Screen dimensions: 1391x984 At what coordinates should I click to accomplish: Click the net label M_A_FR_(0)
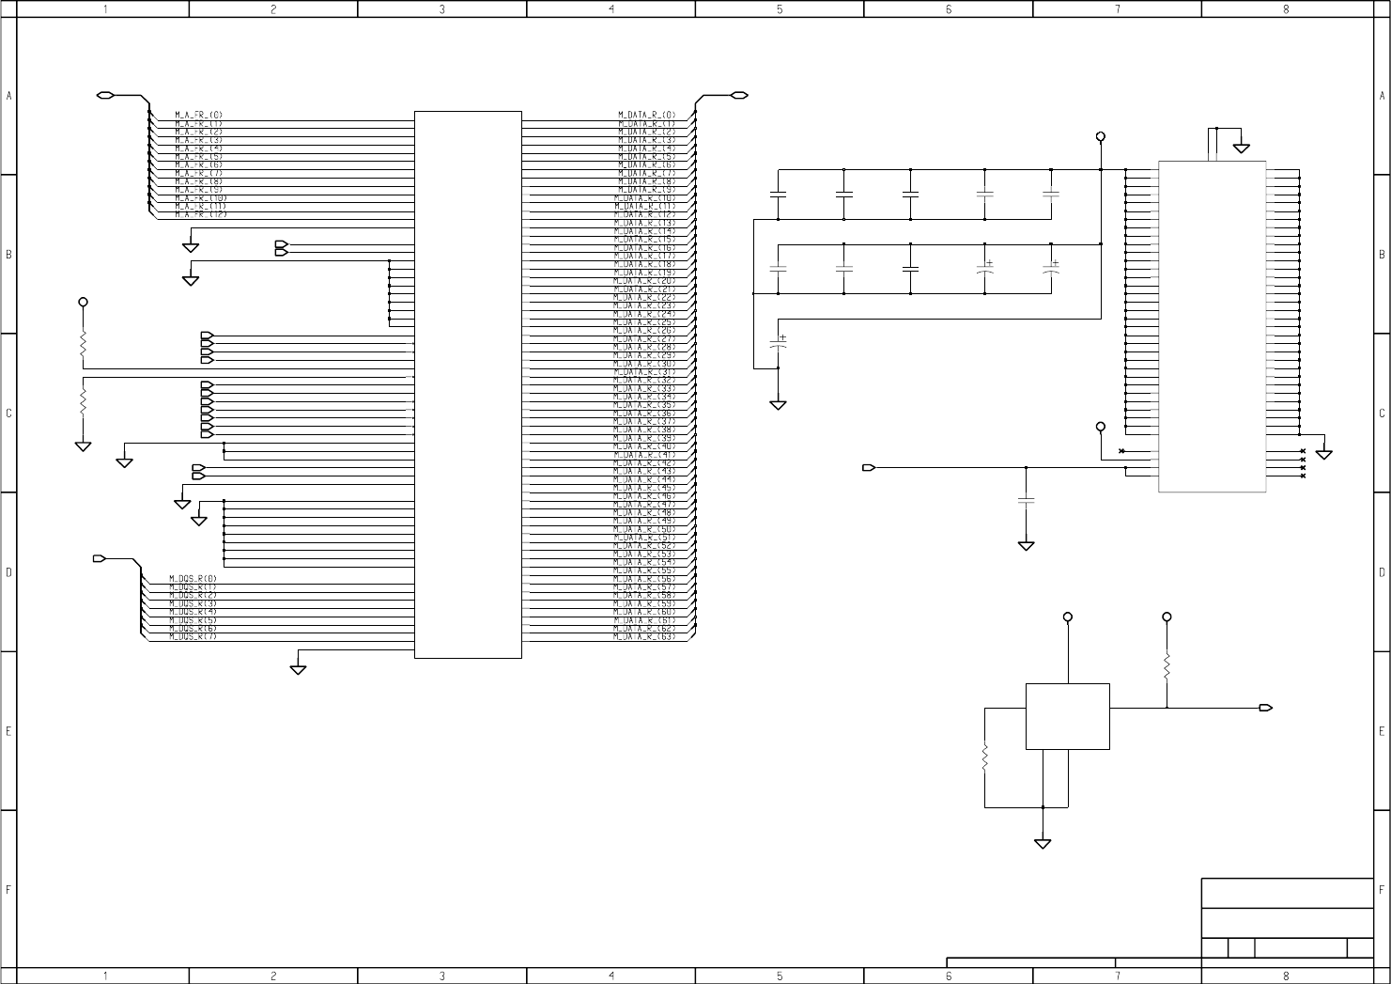click(x=198, y=115)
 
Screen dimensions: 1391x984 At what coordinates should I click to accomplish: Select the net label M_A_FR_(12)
click(x=200, y=214)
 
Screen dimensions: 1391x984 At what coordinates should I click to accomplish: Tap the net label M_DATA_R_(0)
click(x=646, y=115)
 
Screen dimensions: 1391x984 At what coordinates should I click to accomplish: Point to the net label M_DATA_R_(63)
click(x=644, y=637)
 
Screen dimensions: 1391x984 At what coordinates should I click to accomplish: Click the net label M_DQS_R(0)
click(x=193, y=579)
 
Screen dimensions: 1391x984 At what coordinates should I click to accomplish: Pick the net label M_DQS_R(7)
click(x=193, y=637)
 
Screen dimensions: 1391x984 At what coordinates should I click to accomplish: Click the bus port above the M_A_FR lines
click(x=105, y=96)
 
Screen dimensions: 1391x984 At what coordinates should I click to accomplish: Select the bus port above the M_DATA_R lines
click(x=739, y=96)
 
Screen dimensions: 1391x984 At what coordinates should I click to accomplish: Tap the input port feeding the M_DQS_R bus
click(x=99, y=559)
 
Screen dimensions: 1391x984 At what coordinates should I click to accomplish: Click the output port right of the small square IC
click(x=1266, y=708)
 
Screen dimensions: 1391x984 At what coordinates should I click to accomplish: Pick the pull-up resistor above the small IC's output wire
click(x=1167, y=666)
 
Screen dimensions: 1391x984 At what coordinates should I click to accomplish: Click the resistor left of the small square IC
click(x=985, y=758)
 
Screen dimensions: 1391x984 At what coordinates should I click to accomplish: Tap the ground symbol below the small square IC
click(x=1043, y=843)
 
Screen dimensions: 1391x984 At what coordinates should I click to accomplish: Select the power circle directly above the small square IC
click(x=1067, y=617)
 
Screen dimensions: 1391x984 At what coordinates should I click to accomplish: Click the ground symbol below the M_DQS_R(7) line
click(x=298, y=669)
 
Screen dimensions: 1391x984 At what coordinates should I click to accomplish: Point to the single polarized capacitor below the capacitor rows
click(x=779, y=344)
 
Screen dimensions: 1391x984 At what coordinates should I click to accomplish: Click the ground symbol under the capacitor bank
click(x=779, y=405)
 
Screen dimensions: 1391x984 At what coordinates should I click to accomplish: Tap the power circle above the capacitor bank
click(x=1101, y=137)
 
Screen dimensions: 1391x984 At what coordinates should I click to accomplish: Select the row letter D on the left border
click(x=8, y=571)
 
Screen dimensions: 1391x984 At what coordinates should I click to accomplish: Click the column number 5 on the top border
click(x=780, y=8)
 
